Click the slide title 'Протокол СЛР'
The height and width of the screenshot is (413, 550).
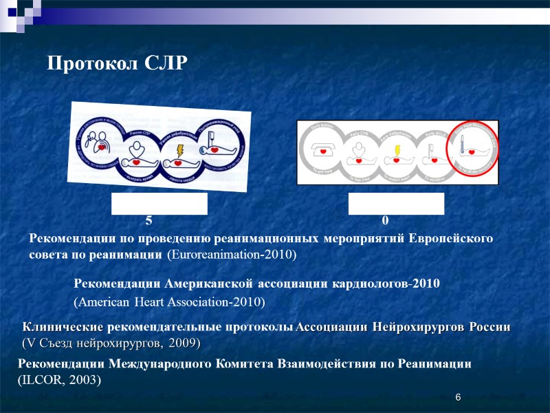click(x=117, y=64)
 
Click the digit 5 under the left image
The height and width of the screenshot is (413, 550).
click(x=148, y=221)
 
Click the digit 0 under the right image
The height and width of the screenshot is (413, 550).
click(x=385, y=221)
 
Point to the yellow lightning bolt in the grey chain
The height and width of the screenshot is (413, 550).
click(x=397, y=151)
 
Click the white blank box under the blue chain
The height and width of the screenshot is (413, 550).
click(x=159, y=204)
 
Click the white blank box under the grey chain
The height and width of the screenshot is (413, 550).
click(x=396, y=204)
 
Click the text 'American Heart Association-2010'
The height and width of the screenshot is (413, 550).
click(x=169, y=302)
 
